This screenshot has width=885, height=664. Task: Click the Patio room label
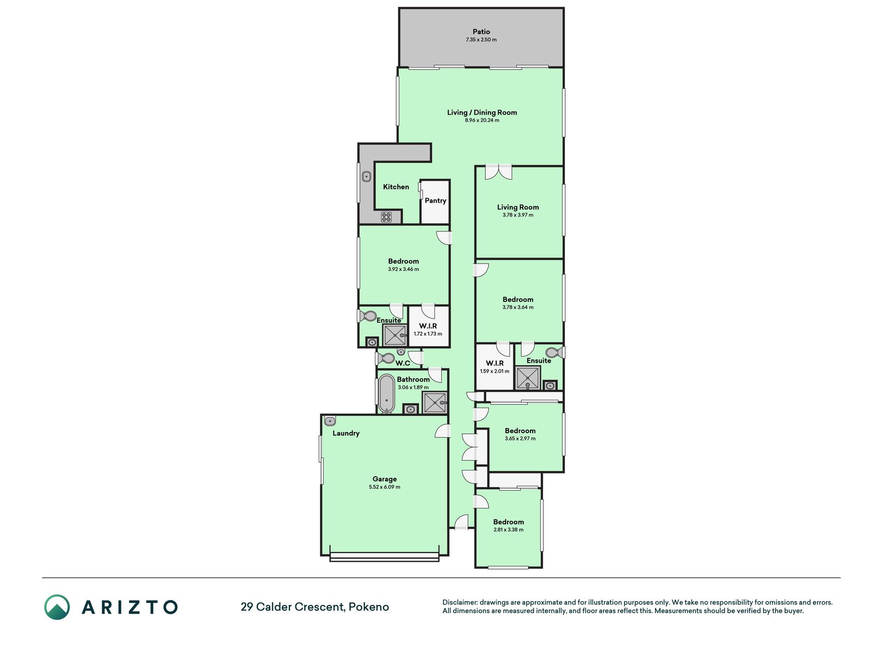click(x=481, y=32)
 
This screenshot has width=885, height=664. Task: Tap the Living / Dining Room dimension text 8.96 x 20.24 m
click(x=482, y=120)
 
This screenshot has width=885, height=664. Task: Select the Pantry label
click(x=436, y=201)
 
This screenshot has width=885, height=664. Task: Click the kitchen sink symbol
click(x=367, y=177)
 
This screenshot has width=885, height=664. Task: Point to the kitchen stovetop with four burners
click(x=386, y=217)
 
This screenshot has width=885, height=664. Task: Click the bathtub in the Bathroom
click(x=386, y=393)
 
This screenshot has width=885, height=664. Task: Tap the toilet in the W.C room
click(x=386, y=358)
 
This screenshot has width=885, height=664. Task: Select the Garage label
click(x=385, y=479)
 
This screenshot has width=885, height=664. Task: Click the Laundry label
click(x=346, y=433)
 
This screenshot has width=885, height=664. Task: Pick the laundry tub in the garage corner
click(x=330, y=421)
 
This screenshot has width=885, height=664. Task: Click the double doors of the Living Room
click(x=498, y=172)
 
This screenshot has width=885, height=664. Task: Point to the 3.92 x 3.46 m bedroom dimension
click(x=403, y=269)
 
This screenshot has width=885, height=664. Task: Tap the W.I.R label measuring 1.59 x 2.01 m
click(x=495, y=363)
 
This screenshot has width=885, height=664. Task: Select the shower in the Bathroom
click(x=434, y=403)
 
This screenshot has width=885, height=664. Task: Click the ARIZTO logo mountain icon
click(x=57, y=607)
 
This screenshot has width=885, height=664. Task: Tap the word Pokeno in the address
click(x=369, y=607)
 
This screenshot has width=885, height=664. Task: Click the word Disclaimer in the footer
click(x=459, y=602)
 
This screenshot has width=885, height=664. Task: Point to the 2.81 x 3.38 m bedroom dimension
click(x=509, y=530)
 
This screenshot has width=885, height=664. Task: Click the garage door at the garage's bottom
click(x=384, y=557)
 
